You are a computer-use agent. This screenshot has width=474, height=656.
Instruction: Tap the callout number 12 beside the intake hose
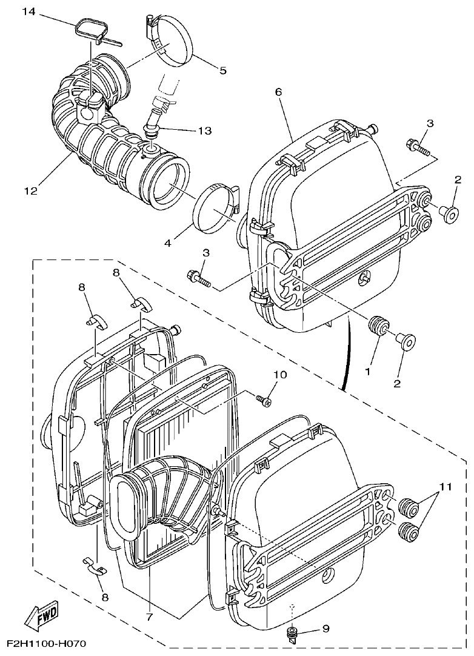pos(30,190)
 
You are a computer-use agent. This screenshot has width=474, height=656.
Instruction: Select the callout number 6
pos(278,92)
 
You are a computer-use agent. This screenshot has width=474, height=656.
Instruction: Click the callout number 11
pos(446,486)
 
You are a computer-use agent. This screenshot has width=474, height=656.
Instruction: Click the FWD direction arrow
pos(41,617)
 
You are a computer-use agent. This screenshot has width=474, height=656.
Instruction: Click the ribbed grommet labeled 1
pos(379,325)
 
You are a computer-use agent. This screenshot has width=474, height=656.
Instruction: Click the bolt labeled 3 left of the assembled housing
pos(198,278)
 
